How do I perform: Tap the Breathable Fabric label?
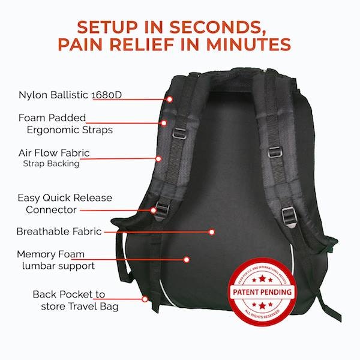click(59, 231)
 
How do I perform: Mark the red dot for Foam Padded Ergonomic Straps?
click(163, 123)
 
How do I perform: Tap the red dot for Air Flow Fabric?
click(158, 158)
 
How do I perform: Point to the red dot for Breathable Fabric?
click(211, 232)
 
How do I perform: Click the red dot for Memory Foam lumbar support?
click(187, 260)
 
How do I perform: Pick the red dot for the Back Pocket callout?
click(145, 298)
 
